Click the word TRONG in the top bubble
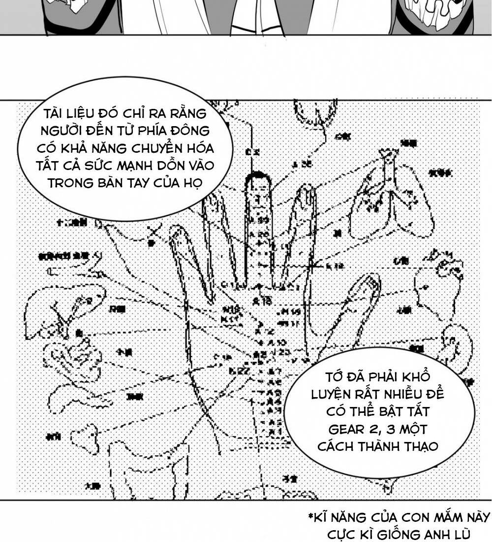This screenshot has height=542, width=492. point(65,182)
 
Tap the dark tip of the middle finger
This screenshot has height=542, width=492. point(259,178)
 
